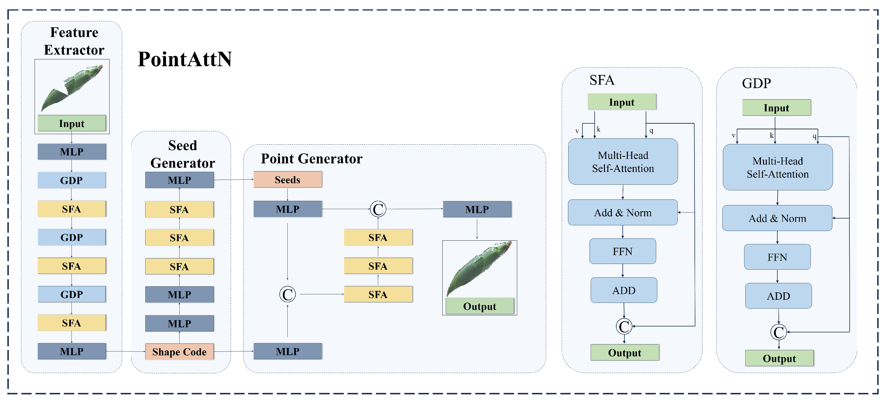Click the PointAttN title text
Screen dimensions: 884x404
click(185, 59)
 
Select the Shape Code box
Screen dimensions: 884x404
click(180, 352)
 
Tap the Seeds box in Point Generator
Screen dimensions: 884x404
click(288, 180)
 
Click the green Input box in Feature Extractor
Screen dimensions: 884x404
click(72, 123)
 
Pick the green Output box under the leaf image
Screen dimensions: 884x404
click(480, 306)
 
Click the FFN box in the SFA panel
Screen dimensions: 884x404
click(622, 251)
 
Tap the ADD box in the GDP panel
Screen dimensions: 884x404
click(778, 296)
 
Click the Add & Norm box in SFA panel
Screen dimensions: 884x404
click(622, 213)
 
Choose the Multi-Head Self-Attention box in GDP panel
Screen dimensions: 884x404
click(778, 167)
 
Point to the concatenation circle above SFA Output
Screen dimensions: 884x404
click(624, 326)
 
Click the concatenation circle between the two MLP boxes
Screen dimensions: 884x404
click(378, 209)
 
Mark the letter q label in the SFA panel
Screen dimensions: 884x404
click(651, 130)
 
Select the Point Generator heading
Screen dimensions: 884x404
click(311, 159)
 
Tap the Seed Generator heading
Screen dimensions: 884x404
click(183, 154)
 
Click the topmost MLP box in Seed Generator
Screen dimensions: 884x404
click(180, 180)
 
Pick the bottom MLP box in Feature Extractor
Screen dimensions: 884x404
click(72, 351)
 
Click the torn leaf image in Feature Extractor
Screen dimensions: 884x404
click(72, 88)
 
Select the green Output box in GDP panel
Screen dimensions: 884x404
click(779, 358)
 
